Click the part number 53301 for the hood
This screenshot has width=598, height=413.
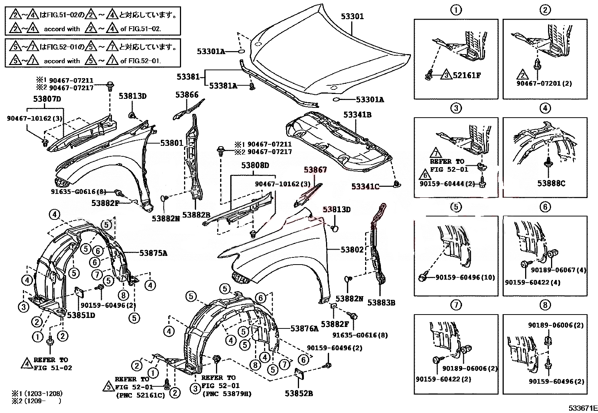(x=352, y=17)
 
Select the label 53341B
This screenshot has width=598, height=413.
(x=358, y=115)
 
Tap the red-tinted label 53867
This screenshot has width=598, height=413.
(x=316, y=170)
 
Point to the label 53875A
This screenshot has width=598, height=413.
(x=153, y=253)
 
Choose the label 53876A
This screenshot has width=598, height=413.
(x=304, y=328)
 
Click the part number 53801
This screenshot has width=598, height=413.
(x=172, y=143)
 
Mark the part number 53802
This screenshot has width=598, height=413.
(x=352, y=250)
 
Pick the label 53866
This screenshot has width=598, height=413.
(x=187, y=95)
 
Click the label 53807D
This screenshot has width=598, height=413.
(x=47, y=99)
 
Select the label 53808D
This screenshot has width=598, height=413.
(x=255, y=165)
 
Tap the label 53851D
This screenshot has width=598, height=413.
(x=81, y=315)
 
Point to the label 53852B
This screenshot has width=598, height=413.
(x=299, y=393)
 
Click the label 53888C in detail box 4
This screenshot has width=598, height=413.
(x=551, y=183)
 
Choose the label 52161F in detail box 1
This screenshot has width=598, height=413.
(x=467, y=75)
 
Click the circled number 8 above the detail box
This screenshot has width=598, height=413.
(x=545, y=305)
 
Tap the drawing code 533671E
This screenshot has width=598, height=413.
(x=582, y=408)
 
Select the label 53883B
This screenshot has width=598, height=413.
(x=381, y=302)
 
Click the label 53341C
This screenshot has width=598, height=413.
(x=365, y=186)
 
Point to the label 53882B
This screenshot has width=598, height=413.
(x=196, y=215)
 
